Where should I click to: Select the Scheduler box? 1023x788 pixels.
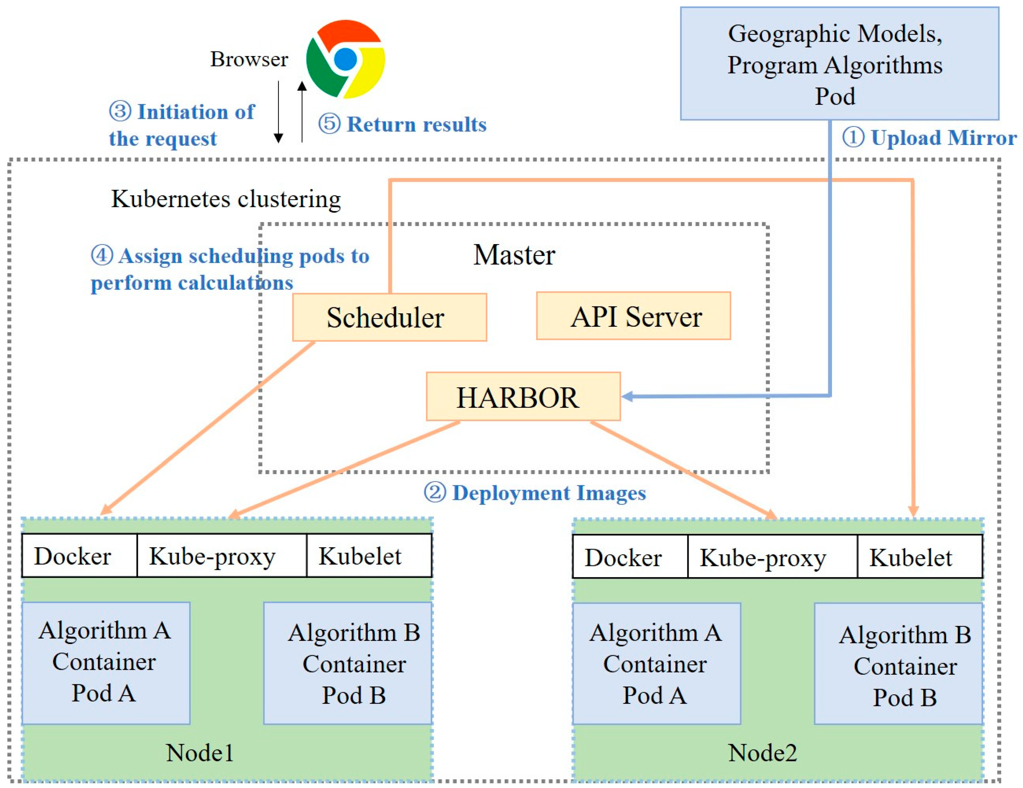389,317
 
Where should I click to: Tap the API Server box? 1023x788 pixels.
633,316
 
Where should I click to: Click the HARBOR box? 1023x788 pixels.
523,397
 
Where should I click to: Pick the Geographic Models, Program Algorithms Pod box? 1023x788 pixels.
839,64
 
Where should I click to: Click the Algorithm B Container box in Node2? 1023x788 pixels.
898,664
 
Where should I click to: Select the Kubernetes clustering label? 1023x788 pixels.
226,199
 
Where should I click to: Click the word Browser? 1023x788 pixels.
249,59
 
